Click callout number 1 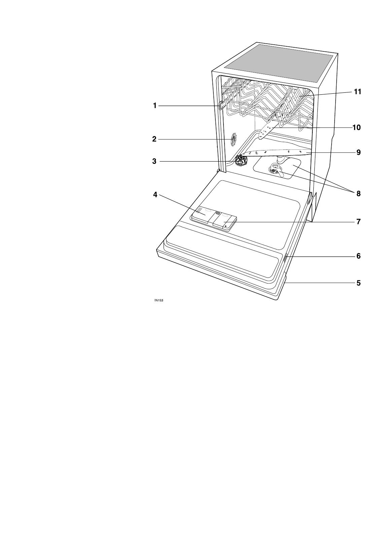(x=155, y=106)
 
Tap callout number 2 (x=154, y=139)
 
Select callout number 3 (x=154, y=161)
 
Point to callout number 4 (x=155, y=195)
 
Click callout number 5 (x=358, y=283)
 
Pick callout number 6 (x=358, y=256)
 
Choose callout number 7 (x=358, y=221)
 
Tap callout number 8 (x=358, y=194)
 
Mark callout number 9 (x=358, y=152)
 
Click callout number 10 (x=356, y=128)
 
